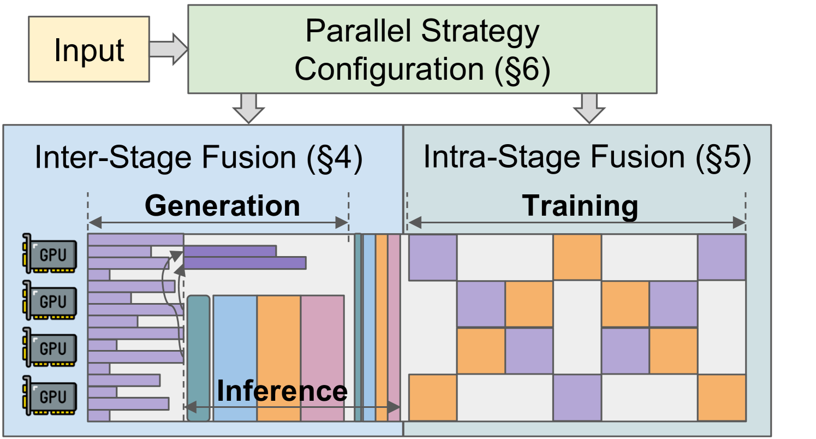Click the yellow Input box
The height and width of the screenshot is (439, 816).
coord(88,49)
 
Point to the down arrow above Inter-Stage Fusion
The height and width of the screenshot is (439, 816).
coord(248,106)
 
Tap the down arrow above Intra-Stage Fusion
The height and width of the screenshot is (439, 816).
coord(589,106)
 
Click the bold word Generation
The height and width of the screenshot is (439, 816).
coord(222,206)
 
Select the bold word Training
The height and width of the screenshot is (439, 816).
coord(580,206)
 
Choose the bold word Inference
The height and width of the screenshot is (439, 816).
coord(282,391)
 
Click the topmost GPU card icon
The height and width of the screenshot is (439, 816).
coord(49,253)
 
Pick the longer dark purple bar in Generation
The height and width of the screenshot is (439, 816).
coord(245,263)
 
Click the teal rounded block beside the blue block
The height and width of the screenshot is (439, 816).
coord(198,358)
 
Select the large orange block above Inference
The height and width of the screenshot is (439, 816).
coord(278,339)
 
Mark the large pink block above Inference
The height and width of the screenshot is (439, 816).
coord(322,339)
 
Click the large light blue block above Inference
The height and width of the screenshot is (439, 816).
coord(235,339)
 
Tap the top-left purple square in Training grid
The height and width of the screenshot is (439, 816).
coord(433,257)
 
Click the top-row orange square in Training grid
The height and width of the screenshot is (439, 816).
coord(577,257)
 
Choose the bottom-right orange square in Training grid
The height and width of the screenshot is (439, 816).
coord(721,398)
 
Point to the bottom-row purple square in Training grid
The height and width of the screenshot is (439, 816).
coord(577,398)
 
